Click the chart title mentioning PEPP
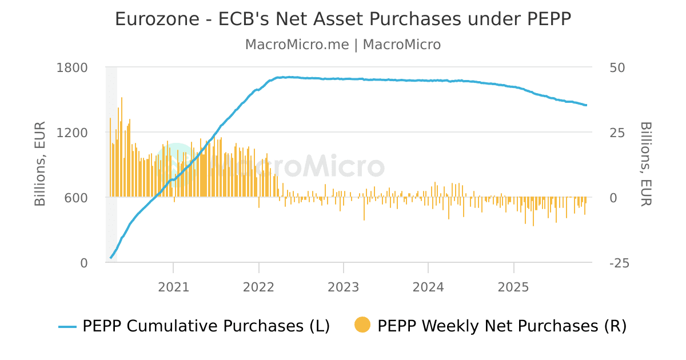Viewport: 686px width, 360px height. [343, 19]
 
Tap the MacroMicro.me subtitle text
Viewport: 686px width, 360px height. [343, 45]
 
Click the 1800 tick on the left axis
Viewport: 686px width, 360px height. [73, 67]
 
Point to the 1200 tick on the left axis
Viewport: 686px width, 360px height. [73, 133]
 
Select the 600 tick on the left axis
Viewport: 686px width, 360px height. [76, 198]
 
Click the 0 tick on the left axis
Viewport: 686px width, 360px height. [83, 263]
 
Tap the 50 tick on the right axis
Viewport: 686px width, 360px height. [617, 67]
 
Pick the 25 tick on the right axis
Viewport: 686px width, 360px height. [617, 133]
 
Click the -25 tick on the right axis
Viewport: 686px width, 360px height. [620, 263]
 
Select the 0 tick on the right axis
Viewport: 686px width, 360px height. [613, 198]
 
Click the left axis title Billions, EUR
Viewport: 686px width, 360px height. [40, 165]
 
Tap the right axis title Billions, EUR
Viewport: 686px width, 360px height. [645, 163]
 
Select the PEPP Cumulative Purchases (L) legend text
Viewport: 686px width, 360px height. [206, 326]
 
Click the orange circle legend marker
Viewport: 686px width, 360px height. [362, 325]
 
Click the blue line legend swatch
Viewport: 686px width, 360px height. [67, 326]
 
